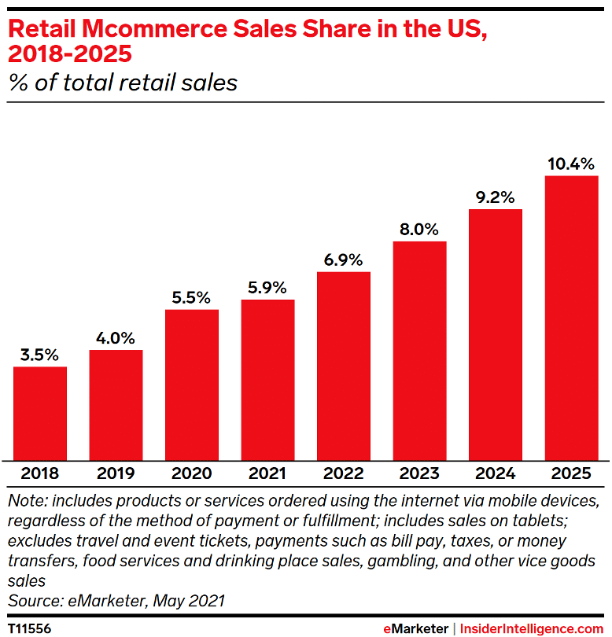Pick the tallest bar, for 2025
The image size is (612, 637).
coord(572,318)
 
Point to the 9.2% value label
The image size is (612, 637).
coord(496,197)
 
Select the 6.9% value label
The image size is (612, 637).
coord(344,260)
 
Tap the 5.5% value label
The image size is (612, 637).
coord(192,297)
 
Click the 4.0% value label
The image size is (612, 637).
coord(116,337)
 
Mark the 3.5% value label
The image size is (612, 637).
coord(40,355)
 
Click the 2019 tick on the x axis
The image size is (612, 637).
coord(116,473)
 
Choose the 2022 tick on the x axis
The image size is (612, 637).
coord(344,473)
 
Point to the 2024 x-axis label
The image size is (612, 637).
coord(496,473)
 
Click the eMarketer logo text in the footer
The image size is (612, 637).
coord(415,628)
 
